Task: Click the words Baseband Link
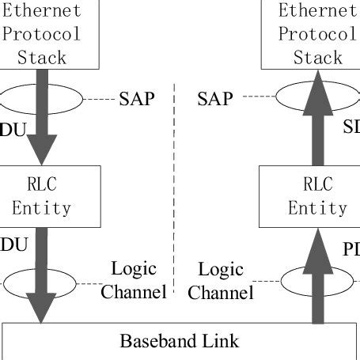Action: [x=179, y=341]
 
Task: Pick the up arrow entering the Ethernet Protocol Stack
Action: [x=318, y=119]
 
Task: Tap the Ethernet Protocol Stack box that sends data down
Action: [x=47, y=33]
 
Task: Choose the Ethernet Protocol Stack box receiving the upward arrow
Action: [x=310, y=33]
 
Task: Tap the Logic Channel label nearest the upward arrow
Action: [x=225, y=281]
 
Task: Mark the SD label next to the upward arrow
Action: [x=351, y=127]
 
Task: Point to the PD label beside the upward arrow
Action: [x=351, y=250]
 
